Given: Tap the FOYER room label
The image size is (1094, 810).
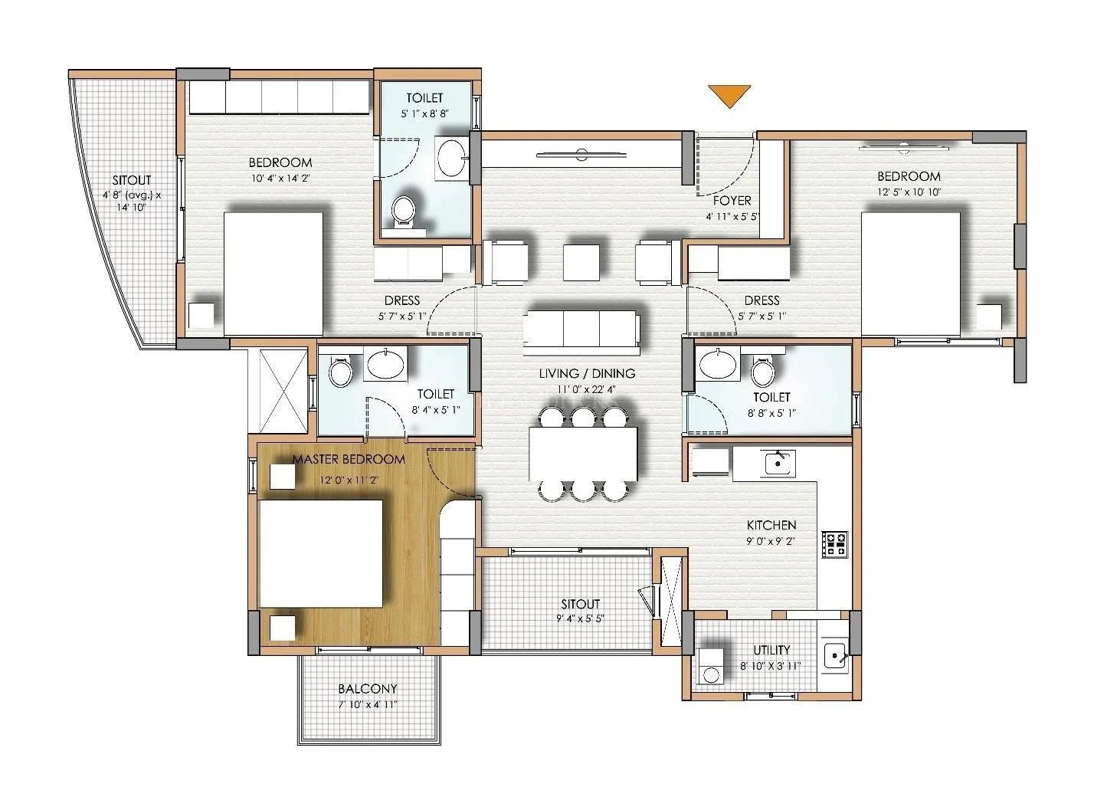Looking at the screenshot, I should pos(732,201).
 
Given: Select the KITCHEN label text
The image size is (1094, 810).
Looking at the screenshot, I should pos(771,525).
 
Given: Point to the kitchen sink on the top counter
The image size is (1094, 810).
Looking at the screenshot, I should pos(779,462).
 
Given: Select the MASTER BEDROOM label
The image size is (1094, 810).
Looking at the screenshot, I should pos(349,460).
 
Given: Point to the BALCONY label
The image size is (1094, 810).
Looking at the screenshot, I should pos(368,689).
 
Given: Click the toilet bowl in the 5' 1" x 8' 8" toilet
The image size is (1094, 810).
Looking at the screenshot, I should pos(403,209).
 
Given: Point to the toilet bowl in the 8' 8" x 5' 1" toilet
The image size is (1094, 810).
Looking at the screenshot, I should pos(762,372).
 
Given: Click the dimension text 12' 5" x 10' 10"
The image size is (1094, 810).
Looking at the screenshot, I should pos(909,192).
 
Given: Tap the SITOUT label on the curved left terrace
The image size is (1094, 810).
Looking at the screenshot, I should pos(131,179).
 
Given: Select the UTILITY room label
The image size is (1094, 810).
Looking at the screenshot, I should pos(771,650).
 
